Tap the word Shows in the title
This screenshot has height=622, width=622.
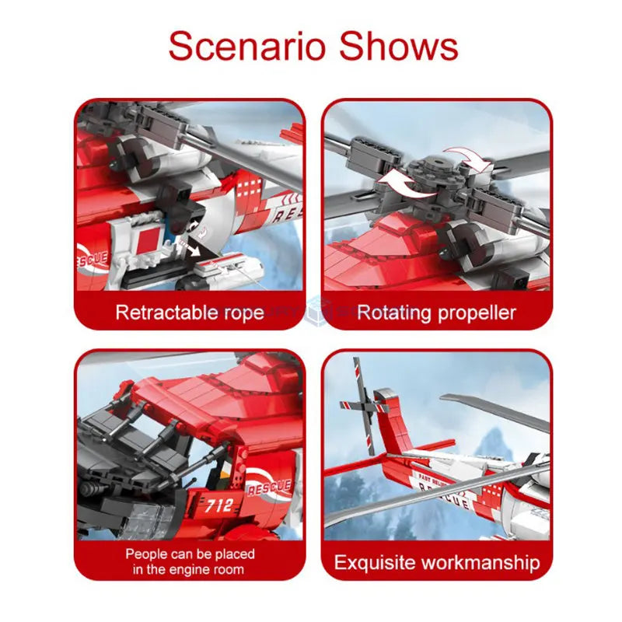[x=400, y=46]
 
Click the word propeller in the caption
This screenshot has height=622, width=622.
[x=475, y=313]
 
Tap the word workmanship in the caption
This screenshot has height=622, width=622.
[x=482, y=561]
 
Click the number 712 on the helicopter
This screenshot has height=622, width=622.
[x=219, y=505]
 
